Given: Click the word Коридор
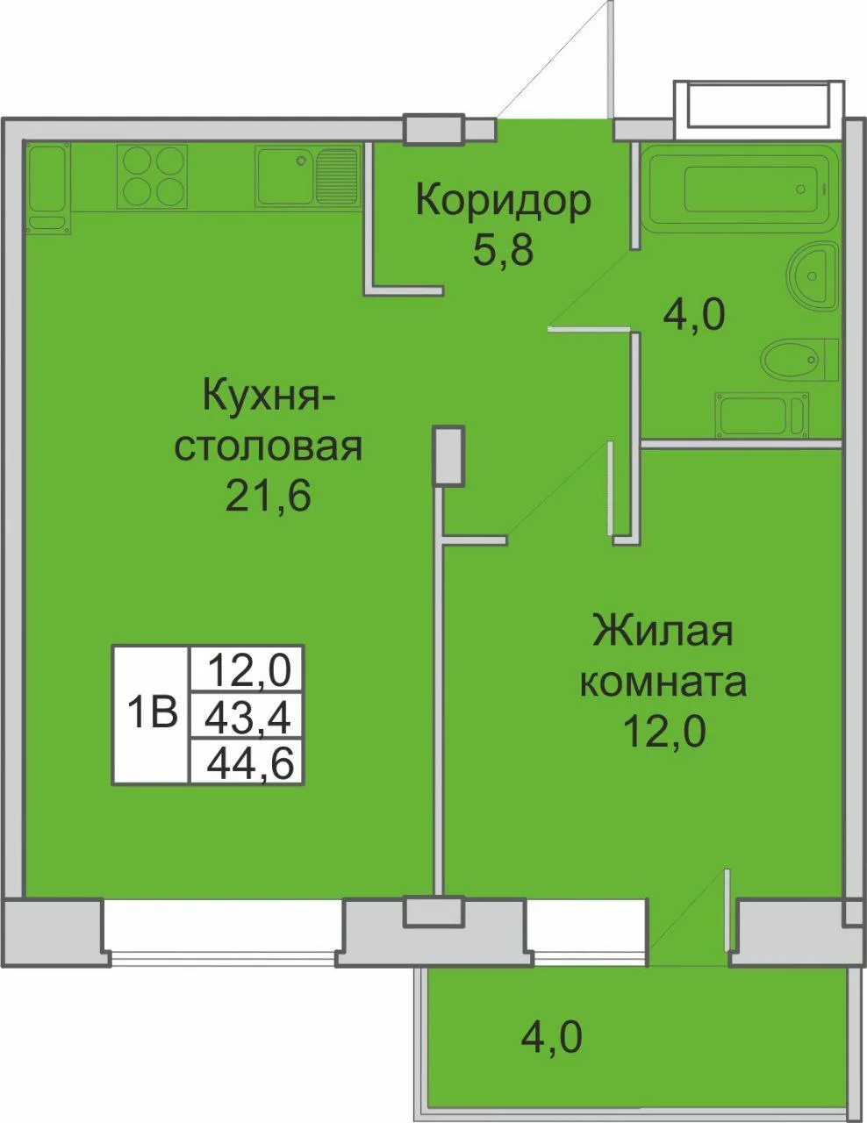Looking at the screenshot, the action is (503, 201).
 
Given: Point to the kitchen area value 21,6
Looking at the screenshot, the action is (268, 495).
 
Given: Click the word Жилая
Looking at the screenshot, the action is (663, 631).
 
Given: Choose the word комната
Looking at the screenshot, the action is (663, 683).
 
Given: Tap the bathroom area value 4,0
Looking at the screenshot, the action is (695, 314).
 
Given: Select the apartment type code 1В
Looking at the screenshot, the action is (152, 712).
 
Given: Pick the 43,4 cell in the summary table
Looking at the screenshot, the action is (247, 716).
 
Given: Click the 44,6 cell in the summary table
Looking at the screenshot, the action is (247, 762).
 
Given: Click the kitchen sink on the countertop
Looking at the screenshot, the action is (307, 176).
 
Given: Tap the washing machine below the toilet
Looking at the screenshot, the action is (762, 414).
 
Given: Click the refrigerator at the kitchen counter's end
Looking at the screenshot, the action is (48, 188).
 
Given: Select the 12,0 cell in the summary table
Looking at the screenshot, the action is (247, 669).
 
